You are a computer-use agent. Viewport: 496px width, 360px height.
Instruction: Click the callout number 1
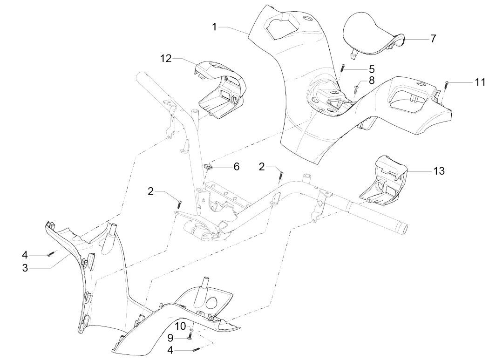point(214,27)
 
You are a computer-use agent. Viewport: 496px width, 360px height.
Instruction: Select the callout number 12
point(166,58)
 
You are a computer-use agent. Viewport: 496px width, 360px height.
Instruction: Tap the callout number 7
point(433,39)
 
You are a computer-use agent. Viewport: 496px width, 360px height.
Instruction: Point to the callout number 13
point(439,171)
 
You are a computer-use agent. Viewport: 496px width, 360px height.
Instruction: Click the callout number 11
point(480,82)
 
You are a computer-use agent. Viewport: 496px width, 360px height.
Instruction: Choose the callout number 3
point(25,269)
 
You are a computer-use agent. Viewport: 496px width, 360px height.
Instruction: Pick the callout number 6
point(236,166)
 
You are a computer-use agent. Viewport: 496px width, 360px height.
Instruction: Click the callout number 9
point(170,338)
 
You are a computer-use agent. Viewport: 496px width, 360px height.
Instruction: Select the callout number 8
point(371,80)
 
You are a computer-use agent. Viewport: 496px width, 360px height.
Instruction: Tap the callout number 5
point(371,68)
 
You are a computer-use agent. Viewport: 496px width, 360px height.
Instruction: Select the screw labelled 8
point(356,88)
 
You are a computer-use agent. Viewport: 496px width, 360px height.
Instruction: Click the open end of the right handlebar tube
point(403,229)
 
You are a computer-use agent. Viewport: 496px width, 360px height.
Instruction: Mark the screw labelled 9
point(190,337)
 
